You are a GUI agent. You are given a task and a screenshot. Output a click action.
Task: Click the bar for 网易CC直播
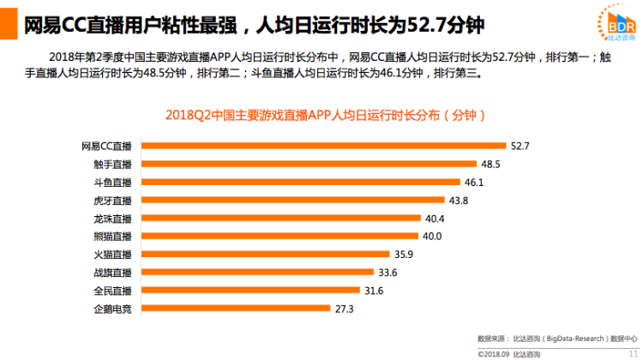[x=322, y=146]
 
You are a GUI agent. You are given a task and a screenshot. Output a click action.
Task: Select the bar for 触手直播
[x=308, y=164]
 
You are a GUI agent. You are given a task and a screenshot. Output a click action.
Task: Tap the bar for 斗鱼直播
[x=299, y=182]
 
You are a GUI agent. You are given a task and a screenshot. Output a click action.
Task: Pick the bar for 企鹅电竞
[x=235, y=309]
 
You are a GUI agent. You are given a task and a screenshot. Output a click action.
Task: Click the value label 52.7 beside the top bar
[x=520, y=146]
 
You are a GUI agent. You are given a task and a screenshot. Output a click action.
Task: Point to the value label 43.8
[x=459, y=201]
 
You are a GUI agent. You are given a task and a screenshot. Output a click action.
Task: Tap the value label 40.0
[x=432, y=237]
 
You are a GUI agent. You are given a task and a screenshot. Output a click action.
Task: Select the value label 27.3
[x=345, y=309]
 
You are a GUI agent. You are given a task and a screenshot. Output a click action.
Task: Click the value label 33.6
[x=388, y=273]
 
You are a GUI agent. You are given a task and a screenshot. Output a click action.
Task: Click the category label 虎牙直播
[x=113, y=201]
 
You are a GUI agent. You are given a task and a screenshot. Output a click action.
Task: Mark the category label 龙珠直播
[x=113, y=219]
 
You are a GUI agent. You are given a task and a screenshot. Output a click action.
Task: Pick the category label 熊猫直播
[x=113, y=237]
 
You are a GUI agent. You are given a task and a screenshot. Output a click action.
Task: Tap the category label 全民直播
[x=113, y=291]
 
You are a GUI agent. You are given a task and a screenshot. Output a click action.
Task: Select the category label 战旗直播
[x=113, y=273]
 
